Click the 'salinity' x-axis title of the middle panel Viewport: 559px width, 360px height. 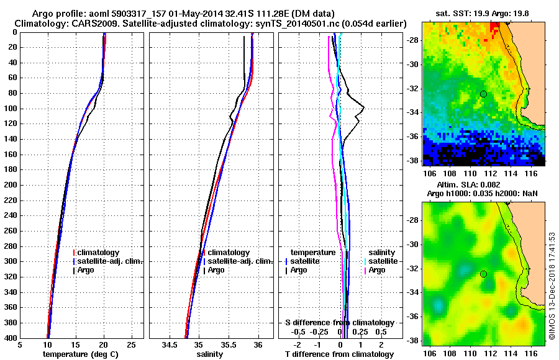[209, 354]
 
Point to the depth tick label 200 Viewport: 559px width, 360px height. [11, 185]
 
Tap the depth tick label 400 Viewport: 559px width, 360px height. [11, 338]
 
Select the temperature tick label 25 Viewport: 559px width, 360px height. [131, 345]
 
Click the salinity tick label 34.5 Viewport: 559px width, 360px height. [170, 345]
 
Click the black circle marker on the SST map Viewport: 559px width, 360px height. [483, 94]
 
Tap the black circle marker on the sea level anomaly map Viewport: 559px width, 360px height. [483, 274]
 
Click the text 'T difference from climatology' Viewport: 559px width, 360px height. [340, 354]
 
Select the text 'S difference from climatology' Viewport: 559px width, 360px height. [340, 323]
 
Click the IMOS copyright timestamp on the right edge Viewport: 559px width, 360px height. [552, 282]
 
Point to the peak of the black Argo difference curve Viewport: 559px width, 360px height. [364, 108]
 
